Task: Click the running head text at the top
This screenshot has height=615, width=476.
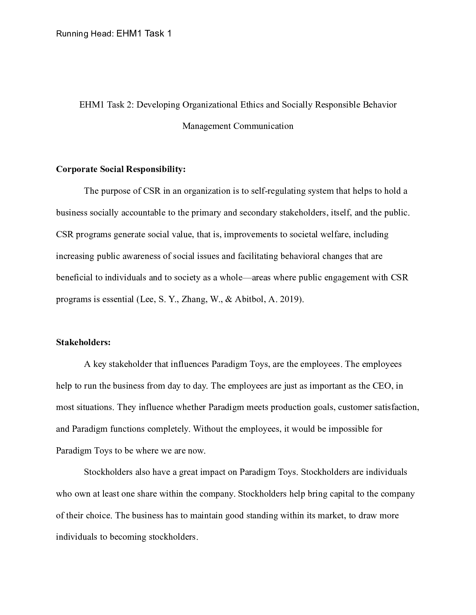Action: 114,34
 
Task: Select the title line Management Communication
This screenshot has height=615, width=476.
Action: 238,126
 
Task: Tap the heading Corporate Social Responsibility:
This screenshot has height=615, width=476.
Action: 121,169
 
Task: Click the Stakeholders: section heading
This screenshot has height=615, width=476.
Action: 83,342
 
